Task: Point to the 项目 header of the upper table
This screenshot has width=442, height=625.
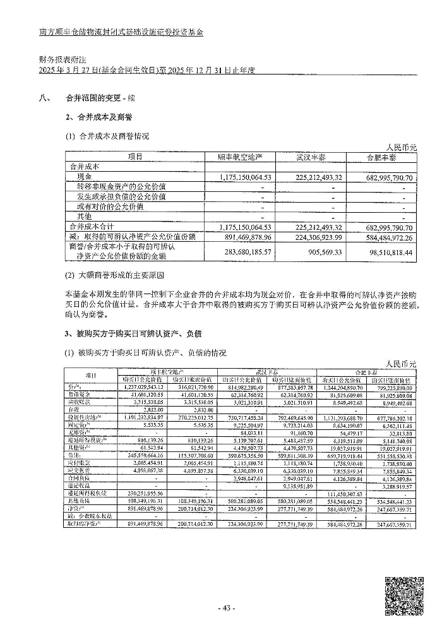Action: pyautogui.click(x=134, y=157)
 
